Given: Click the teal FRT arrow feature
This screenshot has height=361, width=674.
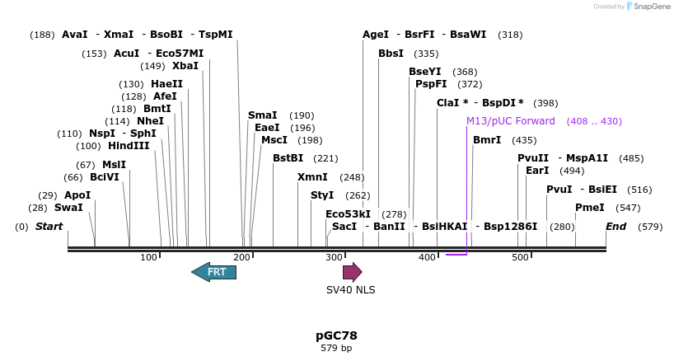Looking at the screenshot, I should click(213, 272).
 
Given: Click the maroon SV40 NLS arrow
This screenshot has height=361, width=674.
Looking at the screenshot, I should click(353, 272).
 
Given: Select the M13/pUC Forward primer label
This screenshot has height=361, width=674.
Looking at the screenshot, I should click(511, 121).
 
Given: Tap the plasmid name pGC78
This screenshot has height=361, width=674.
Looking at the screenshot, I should click(336, 335).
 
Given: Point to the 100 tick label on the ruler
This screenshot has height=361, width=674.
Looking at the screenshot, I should click(149, 258).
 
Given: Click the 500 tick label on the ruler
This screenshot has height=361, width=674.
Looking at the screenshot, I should click(520, 258).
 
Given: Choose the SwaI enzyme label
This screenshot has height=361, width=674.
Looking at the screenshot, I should click(68, 208).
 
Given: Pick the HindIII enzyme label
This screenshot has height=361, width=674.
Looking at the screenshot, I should click(129, 146).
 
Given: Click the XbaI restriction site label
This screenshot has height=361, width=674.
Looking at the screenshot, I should click(185, 66).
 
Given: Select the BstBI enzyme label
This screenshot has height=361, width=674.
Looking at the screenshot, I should click(288, 158).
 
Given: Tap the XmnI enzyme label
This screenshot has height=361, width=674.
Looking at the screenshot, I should click(312, 177).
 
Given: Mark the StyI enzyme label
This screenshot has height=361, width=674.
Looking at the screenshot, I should click(322, 195).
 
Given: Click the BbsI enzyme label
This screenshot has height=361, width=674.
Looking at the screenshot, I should click(391, 54).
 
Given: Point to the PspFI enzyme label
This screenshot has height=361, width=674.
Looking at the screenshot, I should click(431, 84).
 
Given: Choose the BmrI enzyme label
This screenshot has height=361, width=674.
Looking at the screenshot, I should click(487, 140).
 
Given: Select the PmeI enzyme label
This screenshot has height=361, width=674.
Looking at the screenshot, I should click(589, 208).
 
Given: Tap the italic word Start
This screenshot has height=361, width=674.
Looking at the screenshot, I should click(49, 227).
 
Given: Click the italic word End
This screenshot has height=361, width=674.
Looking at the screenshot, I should click(615, 227).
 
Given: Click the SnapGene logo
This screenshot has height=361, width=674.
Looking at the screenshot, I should click(648, 7).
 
